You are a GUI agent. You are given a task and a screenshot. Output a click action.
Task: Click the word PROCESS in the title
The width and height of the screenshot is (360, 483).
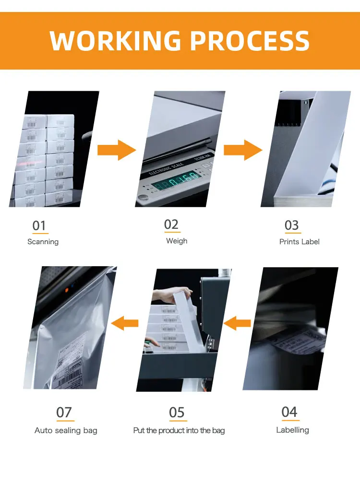(250, 41)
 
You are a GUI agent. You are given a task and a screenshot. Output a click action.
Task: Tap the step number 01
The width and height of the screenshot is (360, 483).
(39, 225)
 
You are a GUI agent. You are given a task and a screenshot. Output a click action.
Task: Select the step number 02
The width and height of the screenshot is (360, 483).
(171, 224)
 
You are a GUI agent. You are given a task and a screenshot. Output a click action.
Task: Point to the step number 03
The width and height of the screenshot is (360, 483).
(291, 225)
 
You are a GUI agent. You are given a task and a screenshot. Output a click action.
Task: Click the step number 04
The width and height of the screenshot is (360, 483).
(289, 412)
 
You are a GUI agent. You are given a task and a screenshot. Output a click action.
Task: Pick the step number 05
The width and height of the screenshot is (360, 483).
(177, 412)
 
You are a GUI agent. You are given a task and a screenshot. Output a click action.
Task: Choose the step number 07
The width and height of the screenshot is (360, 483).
(64, 412)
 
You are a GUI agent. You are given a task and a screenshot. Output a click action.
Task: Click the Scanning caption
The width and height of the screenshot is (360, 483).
(43, 242)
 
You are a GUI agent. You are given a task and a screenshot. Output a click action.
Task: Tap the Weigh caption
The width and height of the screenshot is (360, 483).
(177, 241)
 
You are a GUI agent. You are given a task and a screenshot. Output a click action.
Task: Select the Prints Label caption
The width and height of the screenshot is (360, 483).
(300, 242)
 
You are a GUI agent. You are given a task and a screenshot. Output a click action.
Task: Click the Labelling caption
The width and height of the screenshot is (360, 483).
(292, 430)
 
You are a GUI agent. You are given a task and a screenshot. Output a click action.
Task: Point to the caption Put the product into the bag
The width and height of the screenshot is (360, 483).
(179, 431)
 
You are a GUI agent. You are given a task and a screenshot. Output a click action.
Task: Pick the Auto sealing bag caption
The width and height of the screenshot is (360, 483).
(66, 431)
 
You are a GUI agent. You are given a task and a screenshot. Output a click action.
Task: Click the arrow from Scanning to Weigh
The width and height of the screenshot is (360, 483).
(117, 150)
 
